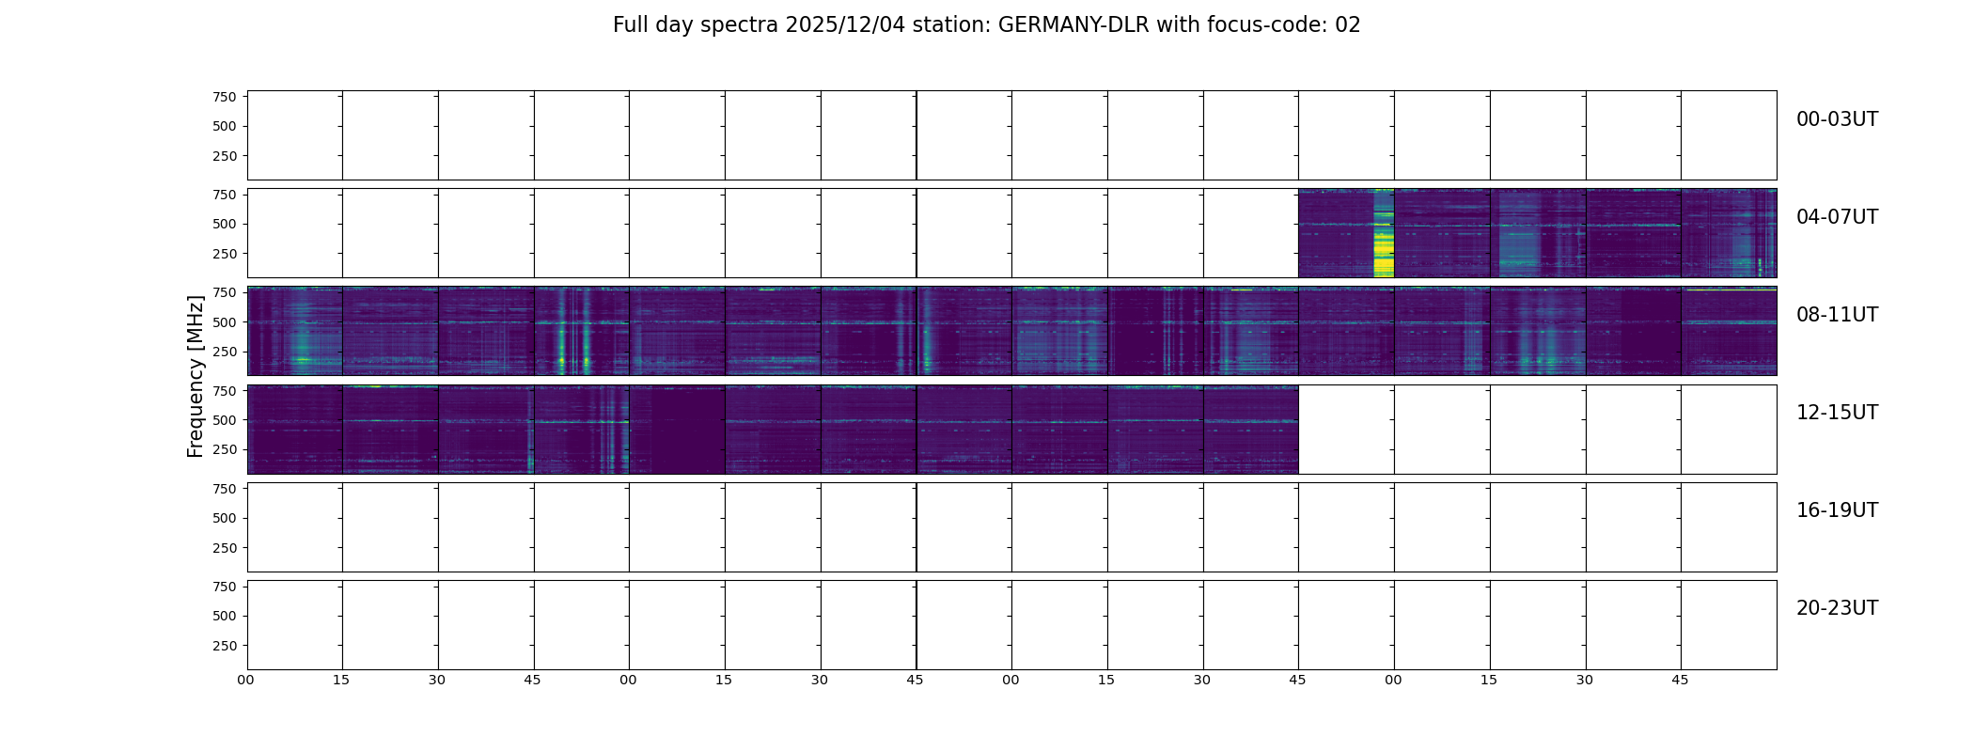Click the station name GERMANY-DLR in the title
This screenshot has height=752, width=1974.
pos(1073,25)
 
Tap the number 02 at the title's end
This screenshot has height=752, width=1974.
pos(1347,25)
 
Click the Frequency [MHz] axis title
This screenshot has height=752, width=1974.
pos(196,376)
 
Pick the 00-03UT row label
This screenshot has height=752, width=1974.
pos(1837,119)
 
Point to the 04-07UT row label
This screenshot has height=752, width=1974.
pos(1837,217)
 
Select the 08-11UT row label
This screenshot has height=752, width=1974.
pos(1837,315)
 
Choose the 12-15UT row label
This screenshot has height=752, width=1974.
pos(1837,413)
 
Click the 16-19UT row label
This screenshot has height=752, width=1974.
pos(1837,510)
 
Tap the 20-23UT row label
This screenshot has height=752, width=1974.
pos(1837,608)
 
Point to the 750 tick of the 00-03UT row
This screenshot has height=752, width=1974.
pos(225,97)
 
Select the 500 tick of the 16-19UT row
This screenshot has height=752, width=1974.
pos(225,518)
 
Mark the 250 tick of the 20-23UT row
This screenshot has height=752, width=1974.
pos(225,646)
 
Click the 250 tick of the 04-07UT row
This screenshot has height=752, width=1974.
pos(225,254)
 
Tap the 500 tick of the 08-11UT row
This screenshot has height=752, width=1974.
pos(225,322)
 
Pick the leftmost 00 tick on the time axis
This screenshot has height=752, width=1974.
pos(245,680)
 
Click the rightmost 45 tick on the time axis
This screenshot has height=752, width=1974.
pos(1680,680)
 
